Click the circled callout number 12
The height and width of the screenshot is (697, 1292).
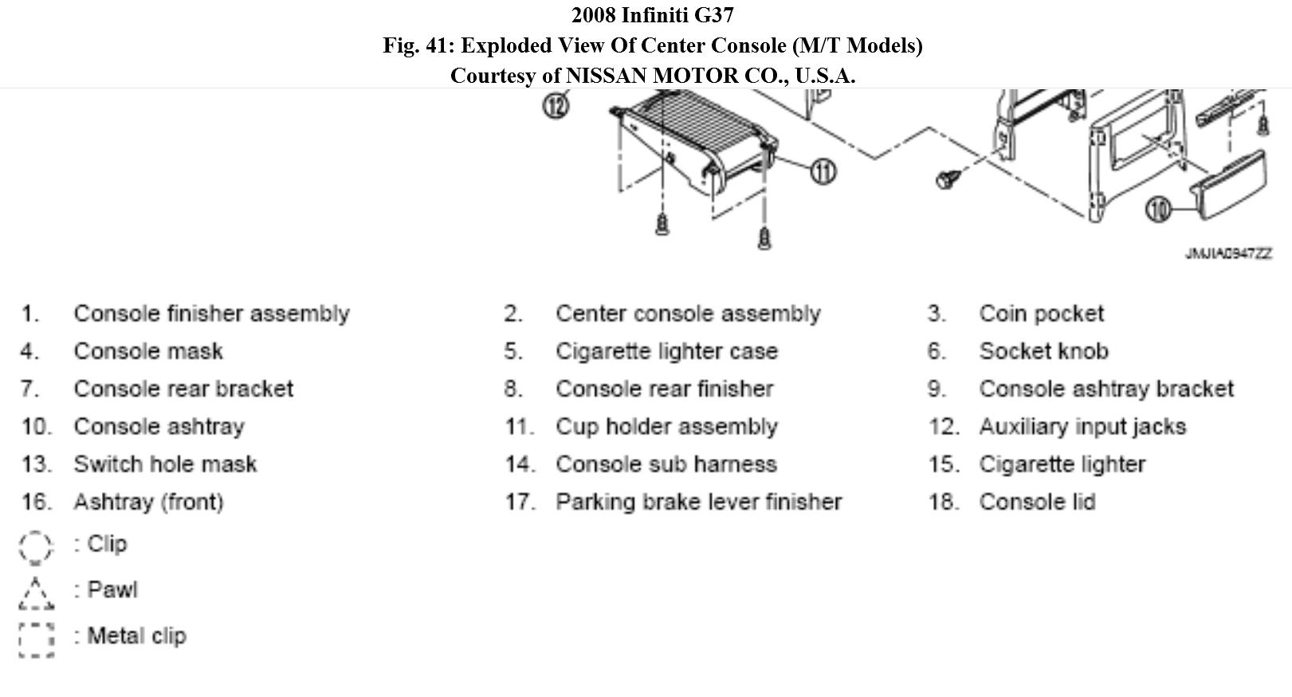coord(556,104)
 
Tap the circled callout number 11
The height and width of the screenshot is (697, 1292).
coord(823,170)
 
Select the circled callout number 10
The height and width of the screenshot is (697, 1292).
coord(1158,209)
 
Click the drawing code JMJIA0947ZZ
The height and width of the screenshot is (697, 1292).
coord(1228,253)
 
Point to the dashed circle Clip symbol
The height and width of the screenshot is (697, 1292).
coord(36,547)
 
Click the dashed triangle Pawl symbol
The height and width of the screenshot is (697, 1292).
coord(36,593)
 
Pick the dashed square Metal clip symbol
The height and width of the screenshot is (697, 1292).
coord(36,640)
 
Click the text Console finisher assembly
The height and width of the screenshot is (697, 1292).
coord(211,314)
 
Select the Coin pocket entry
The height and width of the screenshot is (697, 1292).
coord(1041,314)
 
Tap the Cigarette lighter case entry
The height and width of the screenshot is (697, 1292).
coord(666,351)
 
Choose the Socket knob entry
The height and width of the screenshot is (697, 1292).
coord(1043,351)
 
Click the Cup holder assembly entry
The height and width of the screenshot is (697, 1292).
coord(666,427)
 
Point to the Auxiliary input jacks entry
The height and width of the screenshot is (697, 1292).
coord(1082,427)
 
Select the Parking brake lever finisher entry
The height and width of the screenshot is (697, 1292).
coord(698,502)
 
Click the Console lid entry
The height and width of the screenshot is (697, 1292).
coord(1037,502)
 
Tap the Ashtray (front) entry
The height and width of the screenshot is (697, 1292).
coord(148,502)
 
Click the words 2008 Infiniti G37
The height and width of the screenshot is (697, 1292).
coord(652,15)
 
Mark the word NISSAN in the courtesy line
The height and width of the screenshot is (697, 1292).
coord(606,76)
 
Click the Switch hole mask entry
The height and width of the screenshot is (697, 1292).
coord(165,464)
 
